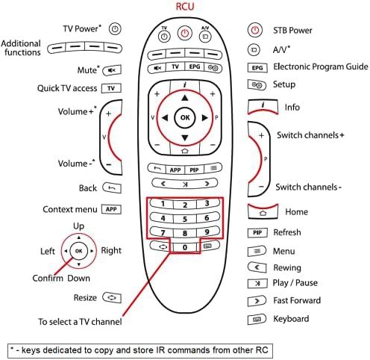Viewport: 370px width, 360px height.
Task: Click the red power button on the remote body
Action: [184, 33]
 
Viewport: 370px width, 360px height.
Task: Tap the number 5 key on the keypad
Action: [185, 219]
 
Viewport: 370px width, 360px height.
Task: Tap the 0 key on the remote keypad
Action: [185, 247]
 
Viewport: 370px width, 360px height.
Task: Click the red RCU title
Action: [185, 7]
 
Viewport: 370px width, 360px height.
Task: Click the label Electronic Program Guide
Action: [321, 66]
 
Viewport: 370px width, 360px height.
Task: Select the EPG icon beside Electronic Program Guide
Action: [257, 68]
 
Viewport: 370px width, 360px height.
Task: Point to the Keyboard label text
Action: [291, 319]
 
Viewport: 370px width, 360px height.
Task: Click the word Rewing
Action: [287, 267]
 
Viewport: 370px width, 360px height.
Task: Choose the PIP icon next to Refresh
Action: [257, 232]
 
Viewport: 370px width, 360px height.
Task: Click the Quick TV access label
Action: [67, 88]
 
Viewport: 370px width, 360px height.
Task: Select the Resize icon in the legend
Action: [112, 297]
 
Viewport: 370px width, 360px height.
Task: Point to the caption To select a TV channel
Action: [80, 322]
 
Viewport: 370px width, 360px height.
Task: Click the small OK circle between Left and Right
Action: [78, 251]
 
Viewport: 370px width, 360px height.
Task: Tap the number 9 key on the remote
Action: [207, 232]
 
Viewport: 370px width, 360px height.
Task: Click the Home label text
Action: [296, 212]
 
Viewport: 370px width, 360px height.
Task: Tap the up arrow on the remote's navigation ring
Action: [185, 98]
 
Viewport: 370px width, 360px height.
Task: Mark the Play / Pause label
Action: [295, 283]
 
